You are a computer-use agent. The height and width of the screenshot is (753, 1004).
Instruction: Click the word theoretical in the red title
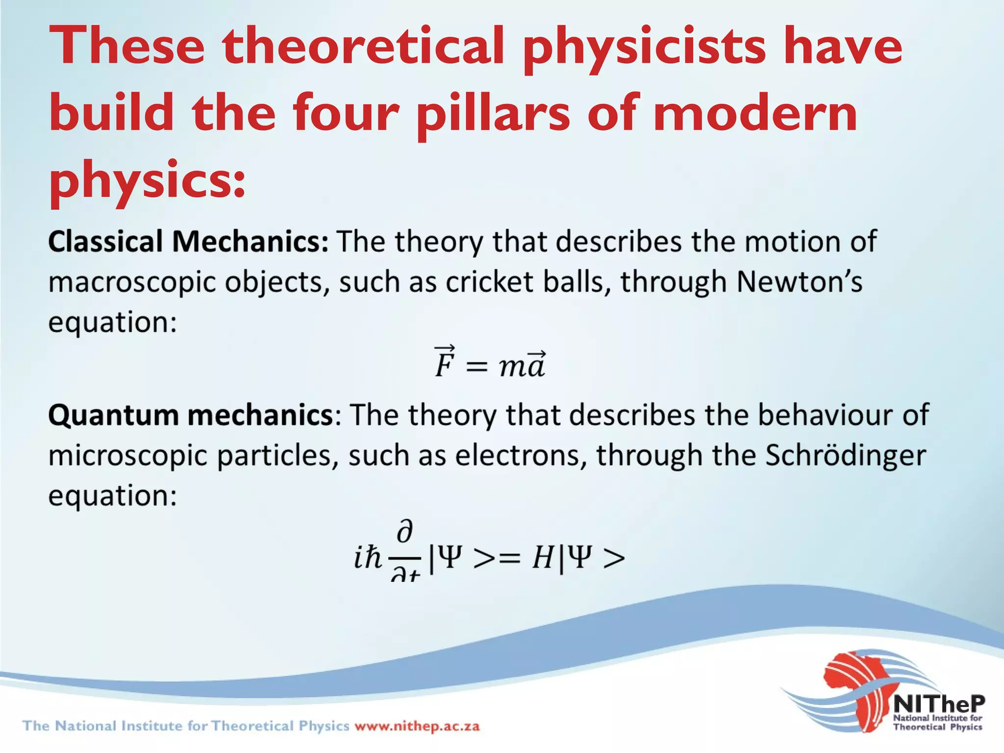(x=363, y=47)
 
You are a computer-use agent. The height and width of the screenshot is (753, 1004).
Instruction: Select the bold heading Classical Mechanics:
(x=188, y=242)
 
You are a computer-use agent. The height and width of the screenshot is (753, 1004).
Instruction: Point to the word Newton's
(x=799, y=282)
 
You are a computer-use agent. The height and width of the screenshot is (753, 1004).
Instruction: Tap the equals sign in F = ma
(x=477, y=367)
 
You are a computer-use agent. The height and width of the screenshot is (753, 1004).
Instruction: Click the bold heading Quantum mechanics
(x=191, y=415)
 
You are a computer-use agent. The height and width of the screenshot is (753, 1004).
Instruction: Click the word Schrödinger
(x=846, y=455)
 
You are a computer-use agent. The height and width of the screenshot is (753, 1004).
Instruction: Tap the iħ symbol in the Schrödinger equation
(x=368, y=558)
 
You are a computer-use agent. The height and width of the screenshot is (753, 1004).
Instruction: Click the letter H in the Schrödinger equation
(x=543, y=558)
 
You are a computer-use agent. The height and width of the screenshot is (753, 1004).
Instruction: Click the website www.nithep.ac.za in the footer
(x=417, y=726)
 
